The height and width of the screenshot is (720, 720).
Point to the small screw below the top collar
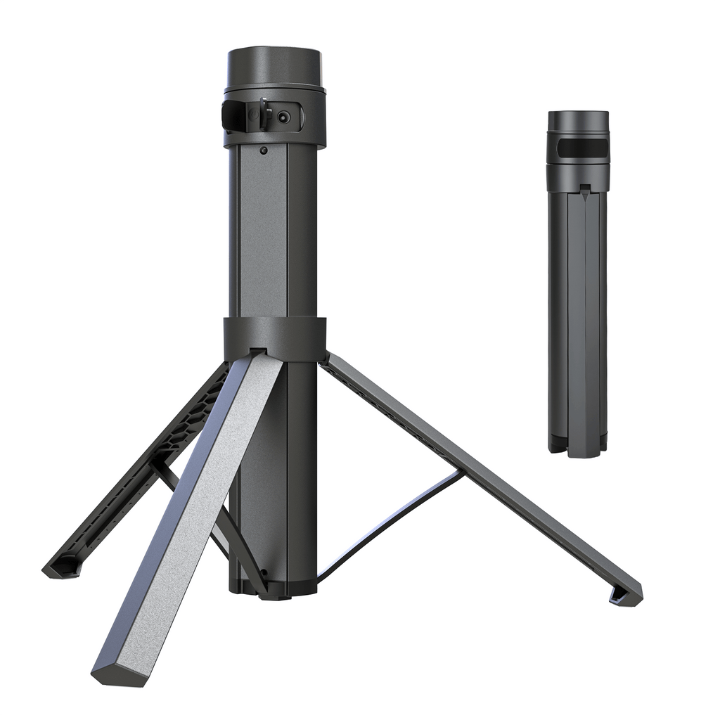click(263, 150)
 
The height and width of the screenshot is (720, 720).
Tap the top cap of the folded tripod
click(578, 120)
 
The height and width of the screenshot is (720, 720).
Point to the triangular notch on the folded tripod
click(584, 188)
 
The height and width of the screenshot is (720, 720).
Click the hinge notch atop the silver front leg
click(258, 351)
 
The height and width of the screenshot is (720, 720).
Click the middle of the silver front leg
click(190, 513)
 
